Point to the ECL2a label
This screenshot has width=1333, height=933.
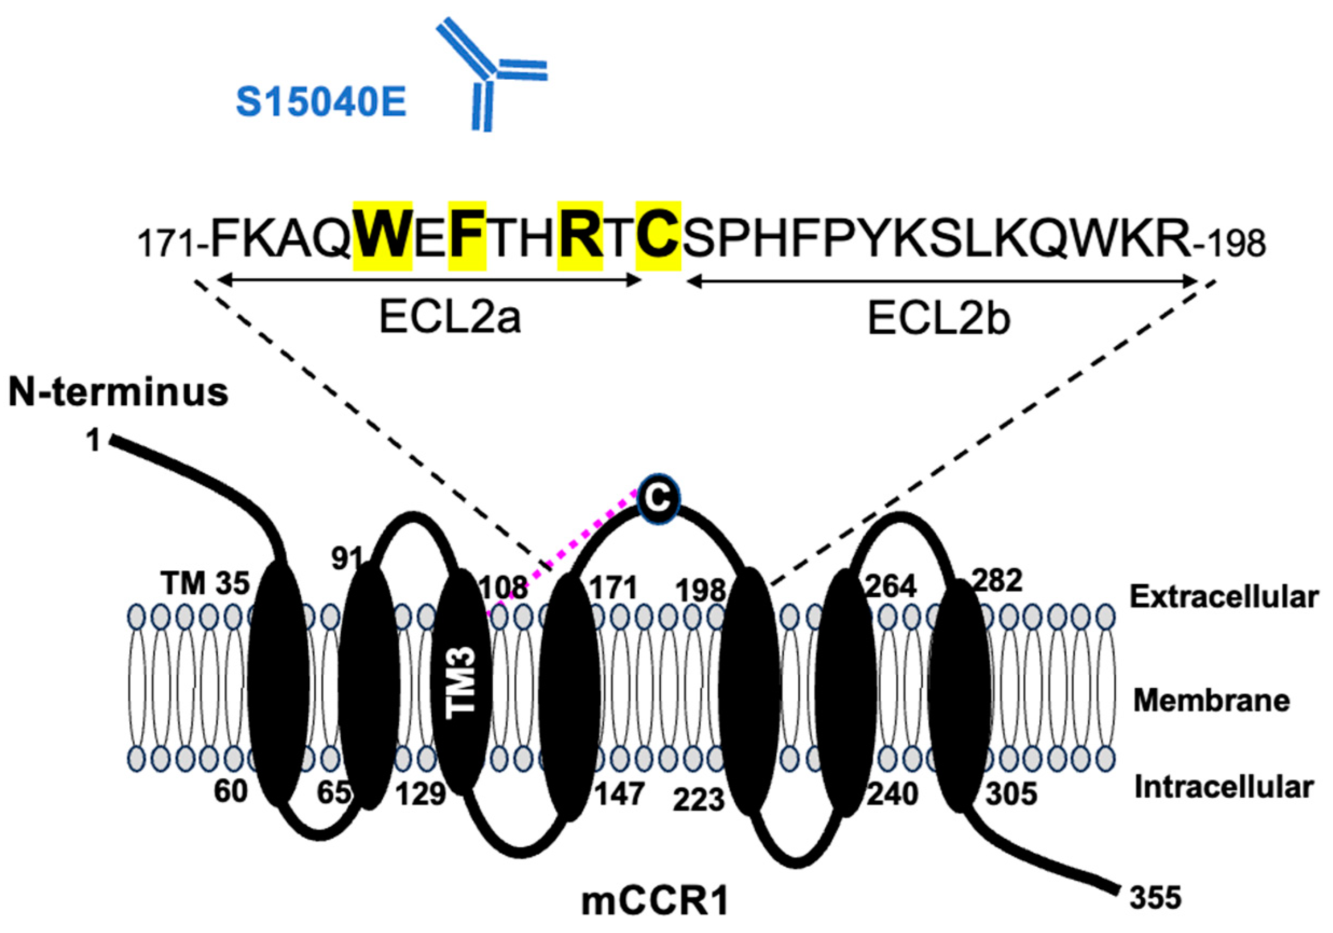(450, 318)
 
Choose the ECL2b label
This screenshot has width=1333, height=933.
(939, 318)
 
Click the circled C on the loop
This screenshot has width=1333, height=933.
(658, 497)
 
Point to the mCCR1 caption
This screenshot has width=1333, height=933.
(655, 903)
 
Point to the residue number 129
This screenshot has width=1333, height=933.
(421, 793)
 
